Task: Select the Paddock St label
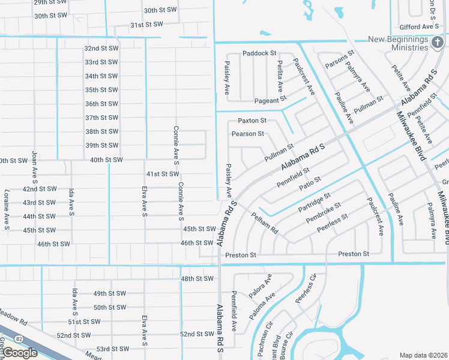click(259, 53)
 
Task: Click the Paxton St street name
click(252, 121)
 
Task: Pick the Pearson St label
click(248, 134)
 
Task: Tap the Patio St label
click(310, 184)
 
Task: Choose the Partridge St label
click(314, 203)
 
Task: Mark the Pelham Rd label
click(265, 223)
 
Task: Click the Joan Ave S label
click(34, 167)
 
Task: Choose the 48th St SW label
click(197, 278)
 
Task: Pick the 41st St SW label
click(163, 174)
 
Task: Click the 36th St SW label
click(101, 104)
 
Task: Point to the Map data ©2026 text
click(423, 355)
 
